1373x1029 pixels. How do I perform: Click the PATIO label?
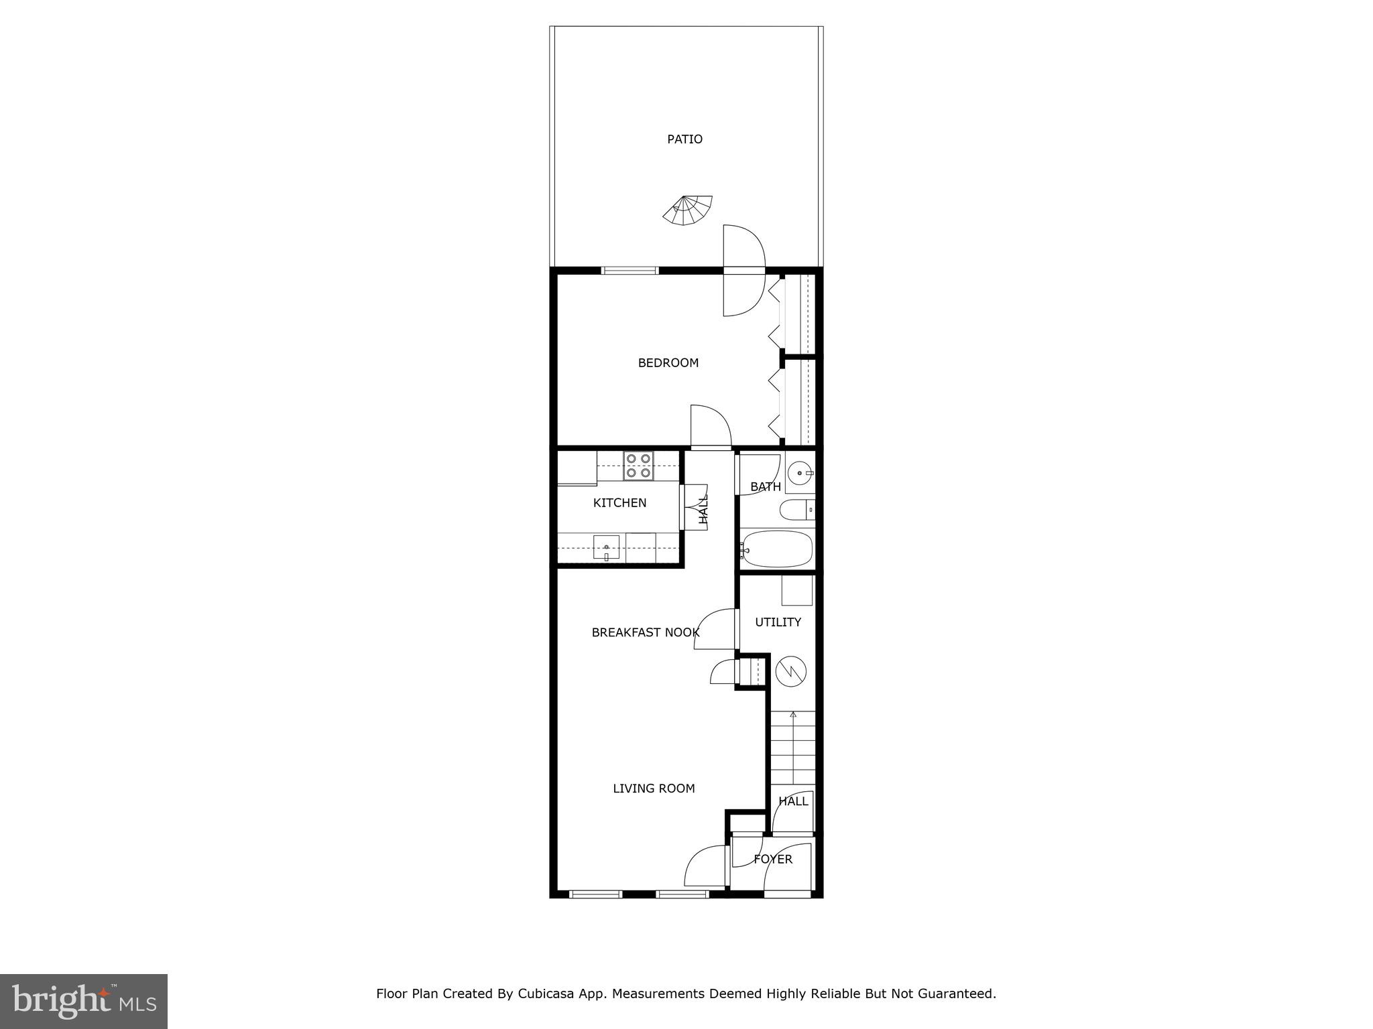click(x=684, y=139)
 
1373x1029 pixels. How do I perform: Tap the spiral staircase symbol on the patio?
click(x=688, y=210)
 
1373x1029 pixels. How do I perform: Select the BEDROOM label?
click(x=668, y=363)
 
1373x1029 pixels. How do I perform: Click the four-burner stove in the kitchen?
click(x=638, y=466)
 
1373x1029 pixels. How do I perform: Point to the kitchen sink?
click(x=606, y=548)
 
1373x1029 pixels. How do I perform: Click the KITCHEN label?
click(x=619, y=503)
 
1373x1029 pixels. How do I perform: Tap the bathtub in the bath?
click(x=778, y=549)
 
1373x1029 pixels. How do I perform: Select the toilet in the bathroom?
click(x=796, y=510)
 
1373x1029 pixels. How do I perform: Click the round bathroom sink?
click(x=800, y=474)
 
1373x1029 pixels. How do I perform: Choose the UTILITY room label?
click(x=778, y=622)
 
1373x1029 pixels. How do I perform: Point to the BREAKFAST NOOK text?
click(x=645, y=632)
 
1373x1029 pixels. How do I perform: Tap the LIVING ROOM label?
click(x=654, y=788)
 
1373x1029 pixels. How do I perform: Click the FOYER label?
click(x=773, y=859)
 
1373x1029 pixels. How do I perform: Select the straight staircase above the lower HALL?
click(x=792, y=748)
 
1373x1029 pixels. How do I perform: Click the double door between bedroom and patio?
click(x=743, y=271)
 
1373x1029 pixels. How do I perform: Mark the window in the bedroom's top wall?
click(x=630, y=271)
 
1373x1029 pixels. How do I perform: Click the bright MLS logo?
click(x=84, y=1001)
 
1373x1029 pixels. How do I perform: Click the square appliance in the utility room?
click(x=797, y=590)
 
